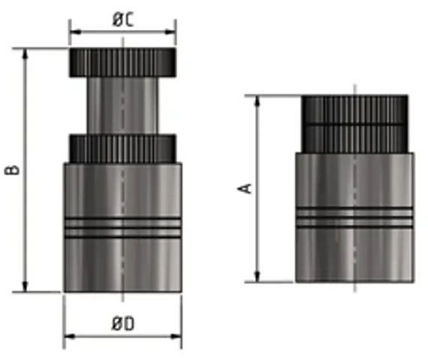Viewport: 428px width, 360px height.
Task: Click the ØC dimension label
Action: [x=122, y=20]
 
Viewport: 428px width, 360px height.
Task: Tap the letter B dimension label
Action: [x=13, y=171]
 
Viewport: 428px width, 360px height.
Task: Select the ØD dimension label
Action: [x=122, y=324]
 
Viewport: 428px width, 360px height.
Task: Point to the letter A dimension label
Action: [x=245, y=187]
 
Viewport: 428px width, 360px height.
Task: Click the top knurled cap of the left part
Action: [x=122, y=62]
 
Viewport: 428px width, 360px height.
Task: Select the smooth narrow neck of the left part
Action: [x=122, y=105]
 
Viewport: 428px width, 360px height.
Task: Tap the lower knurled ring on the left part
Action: [x=122, y=148]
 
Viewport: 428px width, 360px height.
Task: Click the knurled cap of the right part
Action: [x=354, y=124]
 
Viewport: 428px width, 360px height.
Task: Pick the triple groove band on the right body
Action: [x=354, y=217]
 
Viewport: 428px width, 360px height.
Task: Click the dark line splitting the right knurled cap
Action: [x=354, y=124]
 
